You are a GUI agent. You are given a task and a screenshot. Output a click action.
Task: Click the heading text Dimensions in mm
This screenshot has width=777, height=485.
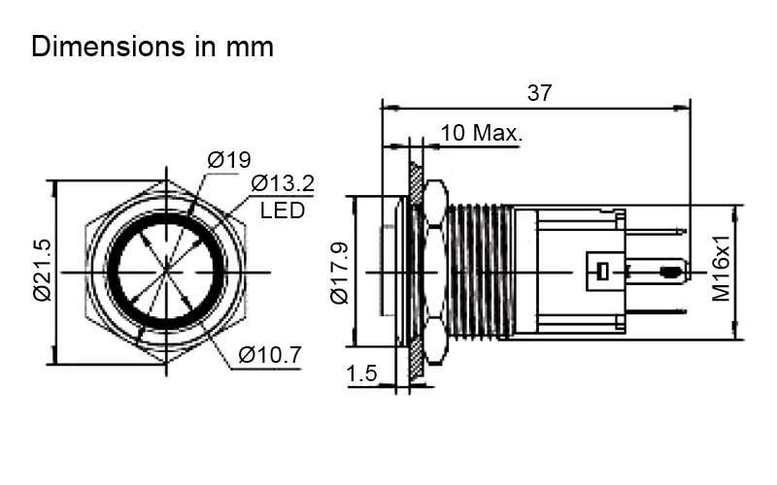coord(152,47)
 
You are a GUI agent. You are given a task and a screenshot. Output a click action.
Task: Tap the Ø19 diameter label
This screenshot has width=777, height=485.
coord(229,159)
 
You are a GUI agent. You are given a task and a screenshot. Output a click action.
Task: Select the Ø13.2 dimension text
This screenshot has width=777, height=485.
coord(283,183)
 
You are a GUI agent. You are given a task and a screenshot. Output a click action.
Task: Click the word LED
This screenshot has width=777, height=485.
coord(282,210)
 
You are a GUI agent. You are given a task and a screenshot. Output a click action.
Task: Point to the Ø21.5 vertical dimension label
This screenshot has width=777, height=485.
coord(43,271)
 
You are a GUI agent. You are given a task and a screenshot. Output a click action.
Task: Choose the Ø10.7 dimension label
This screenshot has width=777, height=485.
coord(270,354)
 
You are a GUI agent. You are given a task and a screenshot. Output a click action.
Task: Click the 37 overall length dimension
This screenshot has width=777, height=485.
coord(539,92)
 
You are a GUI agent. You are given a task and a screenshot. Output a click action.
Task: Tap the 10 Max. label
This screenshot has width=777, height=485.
coord(481,133)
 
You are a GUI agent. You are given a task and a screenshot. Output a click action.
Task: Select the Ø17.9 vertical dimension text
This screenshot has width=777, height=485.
coord(340,273)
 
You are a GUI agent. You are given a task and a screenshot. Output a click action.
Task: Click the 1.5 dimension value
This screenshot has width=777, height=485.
coord(361,373)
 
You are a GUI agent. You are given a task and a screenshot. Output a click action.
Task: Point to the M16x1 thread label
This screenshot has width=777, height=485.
coord(722,269)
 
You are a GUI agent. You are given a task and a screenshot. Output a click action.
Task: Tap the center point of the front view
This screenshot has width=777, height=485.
coord(166,273)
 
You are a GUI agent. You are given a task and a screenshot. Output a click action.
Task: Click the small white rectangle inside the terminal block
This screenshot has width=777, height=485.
coord(602,272)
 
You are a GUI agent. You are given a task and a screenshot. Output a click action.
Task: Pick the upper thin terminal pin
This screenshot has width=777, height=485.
coord(656,231)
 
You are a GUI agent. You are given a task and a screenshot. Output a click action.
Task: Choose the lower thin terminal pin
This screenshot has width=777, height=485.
coord(656,311)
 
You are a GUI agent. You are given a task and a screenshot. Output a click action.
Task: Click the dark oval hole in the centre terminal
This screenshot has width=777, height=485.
coord(669,272)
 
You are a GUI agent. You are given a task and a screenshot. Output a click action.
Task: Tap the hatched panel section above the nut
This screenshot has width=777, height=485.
coord(417,182)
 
